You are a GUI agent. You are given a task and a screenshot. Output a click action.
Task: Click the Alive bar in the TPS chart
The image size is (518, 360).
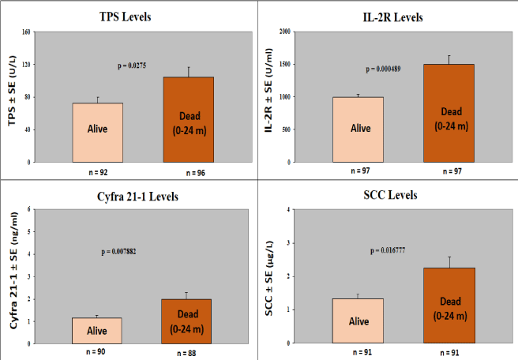(98, 132)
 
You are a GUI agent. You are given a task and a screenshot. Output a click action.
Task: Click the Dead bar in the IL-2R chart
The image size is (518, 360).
(449, 113)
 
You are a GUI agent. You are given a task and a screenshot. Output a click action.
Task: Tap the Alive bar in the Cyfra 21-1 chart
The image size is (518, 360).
(98, 331)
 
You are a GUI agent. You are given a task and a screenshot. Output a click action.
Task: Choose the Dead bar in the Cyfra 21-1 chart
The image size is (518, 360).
(188, 321)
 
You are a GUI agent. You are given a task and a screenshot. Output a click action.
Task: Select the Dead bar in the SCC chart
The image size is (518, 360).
(449, 306)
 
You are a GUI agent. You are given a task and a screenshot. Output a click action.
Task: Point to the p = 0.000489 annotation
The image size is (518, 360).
(383, 69)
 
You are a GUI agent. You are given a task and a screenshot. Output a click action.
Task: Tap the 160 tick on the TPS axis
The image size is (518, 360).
(25, 32)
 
